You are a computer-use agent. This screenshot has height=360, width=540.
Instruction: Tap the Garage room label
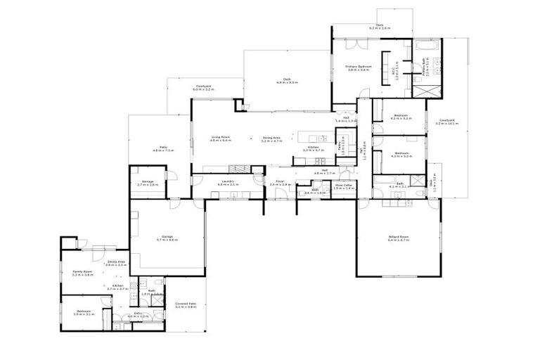[x=168, y=238]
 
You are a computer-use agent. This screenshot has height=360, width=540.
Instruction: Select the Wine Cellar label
[x=342, y=187]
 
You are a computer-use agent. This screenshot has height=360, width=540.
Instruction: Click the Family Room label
[x=83, y=273]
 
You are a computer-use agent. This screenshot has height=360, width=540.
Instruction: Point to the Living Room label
[x=221, y=139]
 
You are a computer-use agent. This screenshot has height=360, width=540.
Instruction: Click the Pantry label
[x=342, y=150]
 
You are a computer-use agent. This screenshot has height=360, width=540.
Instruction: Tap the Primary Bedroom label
[x=358, y=67]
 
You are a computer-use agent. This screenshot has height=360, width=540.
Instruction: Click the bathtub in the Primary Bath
[x=427, y=46]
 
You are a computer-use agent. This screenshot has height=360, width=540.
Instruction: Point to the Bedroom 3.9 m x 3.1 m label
[x=83, y=312]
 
